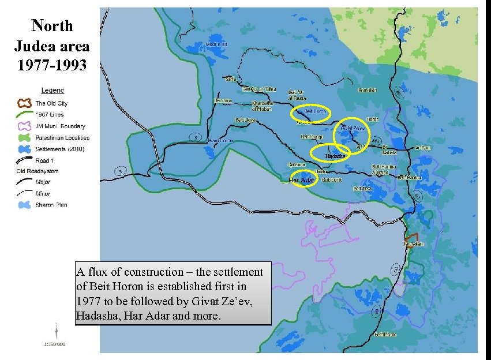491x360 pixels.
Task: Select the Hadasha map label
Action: tap(335, 156)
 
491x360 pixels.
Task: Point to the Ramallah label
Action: tap(368, 90)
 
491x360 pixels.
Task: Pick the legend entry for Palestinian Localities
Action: tap(62, 138)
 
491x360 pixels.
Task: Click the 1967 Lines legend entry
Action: tap(51, 114)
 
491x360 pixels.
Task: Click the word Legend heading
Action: tap(53, 90)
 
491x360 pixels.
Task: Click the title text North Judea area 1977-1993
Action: tap(53, 43)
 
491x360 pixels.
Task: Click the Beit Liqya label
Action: tap(245, 120)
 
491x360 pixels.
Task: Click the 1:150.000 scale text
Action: tap(54, 344)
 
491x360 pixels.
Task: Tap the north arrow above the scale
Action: tap(55, 331)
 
